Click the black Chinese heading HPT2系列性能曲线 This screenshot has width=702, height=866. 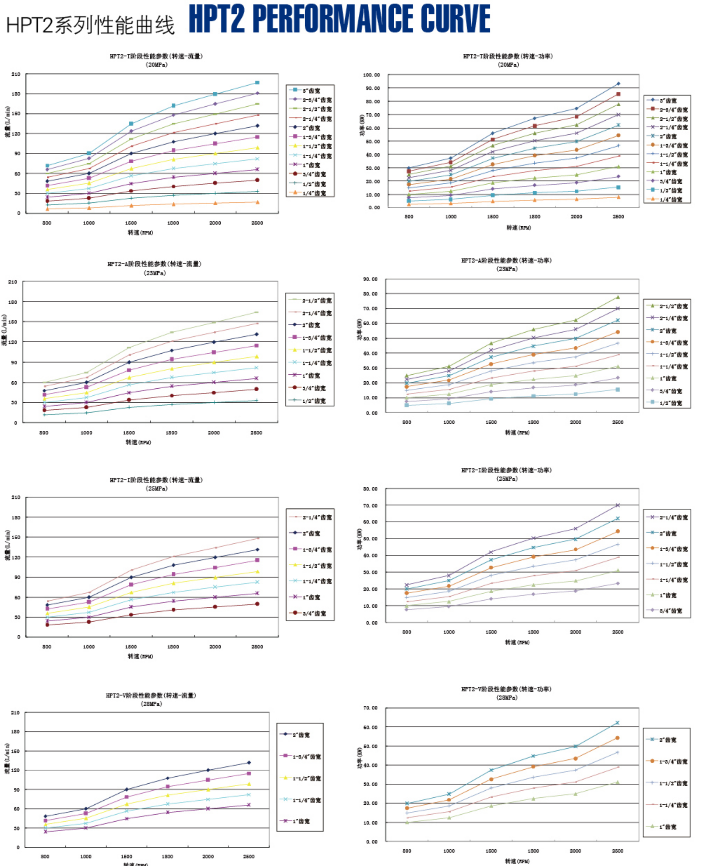pyautogui.click(x=90, y=25)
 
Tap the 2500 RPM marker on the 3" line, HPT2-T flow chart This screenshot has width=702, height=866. pyautogui.click(x=257, y=83)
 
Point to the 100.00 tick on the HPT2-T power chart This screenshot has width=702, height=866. pyautogui.click(x=371, y=75)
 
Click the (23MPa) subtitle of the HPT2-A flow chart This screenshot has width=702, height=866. pyautogui.click(x=155, y=273)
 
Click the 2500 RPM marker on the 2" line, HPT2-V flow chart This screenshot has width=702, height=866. pyautogui.click(x=249, y=762)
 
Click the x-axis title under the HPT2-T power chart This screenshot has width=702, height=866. pyautogui.click(x=519, y=228)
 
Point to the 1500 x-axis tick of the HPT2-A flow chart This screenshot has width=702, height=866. pyautogui.click(x=129, y=433)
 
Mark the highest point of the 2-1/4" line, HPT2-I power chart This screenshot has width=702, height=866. pyautogui.click(x=617, y=505)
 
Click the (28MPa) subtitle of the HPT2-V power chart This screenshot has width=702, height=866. pyautogui.click(x=507, y=698)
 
